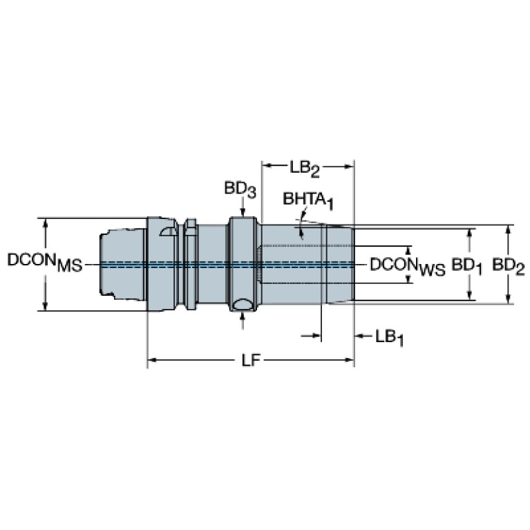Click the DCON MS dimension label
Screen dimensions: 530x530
pyautogui.click(x=45, y=262)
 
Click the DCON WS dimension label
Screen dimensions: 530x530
pyautogui.click(x=408, y=266)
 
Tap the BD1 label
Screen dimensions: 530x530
pyautogui.click(x=467, y=266)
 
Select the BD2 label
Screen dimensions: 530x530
pyautogui.click(x=509, y=266)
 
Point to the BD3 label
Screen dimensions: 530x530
pyautogui.click(x=240, y=189)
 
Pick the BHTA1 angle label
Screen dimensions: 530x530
pyautogui.click(x=308, y=200)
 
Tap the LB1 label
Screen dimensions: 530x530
pyautogui.click(x=390, y=338)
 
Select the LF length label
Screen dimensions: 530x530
pyautogui.click(x=251, y=361)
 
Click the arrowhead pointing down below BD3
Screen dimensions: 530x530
pyautogui.click(x=243, y=212)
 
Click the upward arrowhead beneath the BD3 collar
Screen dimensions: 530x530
pyautogui.click(x=243, y=315)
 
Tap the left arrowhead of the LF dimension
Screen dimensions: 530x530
pyautogui.click(x=152, y=360)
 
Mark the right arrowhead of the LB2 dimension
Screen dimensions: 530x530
pyautogui.click(x=349, y=166)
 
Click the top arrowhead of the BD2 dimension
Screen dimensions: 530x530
pyautogui.click(x=508, y=229)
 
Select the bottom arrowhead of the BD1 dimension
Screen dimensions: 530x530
pyautogui.click(x=469, y=296)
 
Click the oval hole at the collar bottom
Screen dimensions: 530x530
pyautogui.click(x=242, y=305)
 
